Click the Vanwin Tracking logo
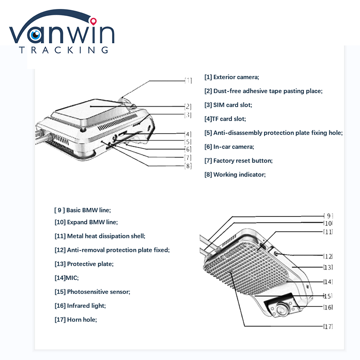[62, 35]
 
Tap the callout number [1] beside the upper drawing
[188, 81]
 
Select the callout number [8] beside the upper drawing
[188, 166]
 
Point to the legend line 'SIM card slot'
[228, 105]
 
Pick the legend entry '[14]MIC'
[66, 278]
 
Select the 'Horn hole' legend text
[76, 319]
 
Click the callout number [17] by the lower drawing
[328, 326]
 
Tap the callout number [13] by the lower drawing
[328, 267]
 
